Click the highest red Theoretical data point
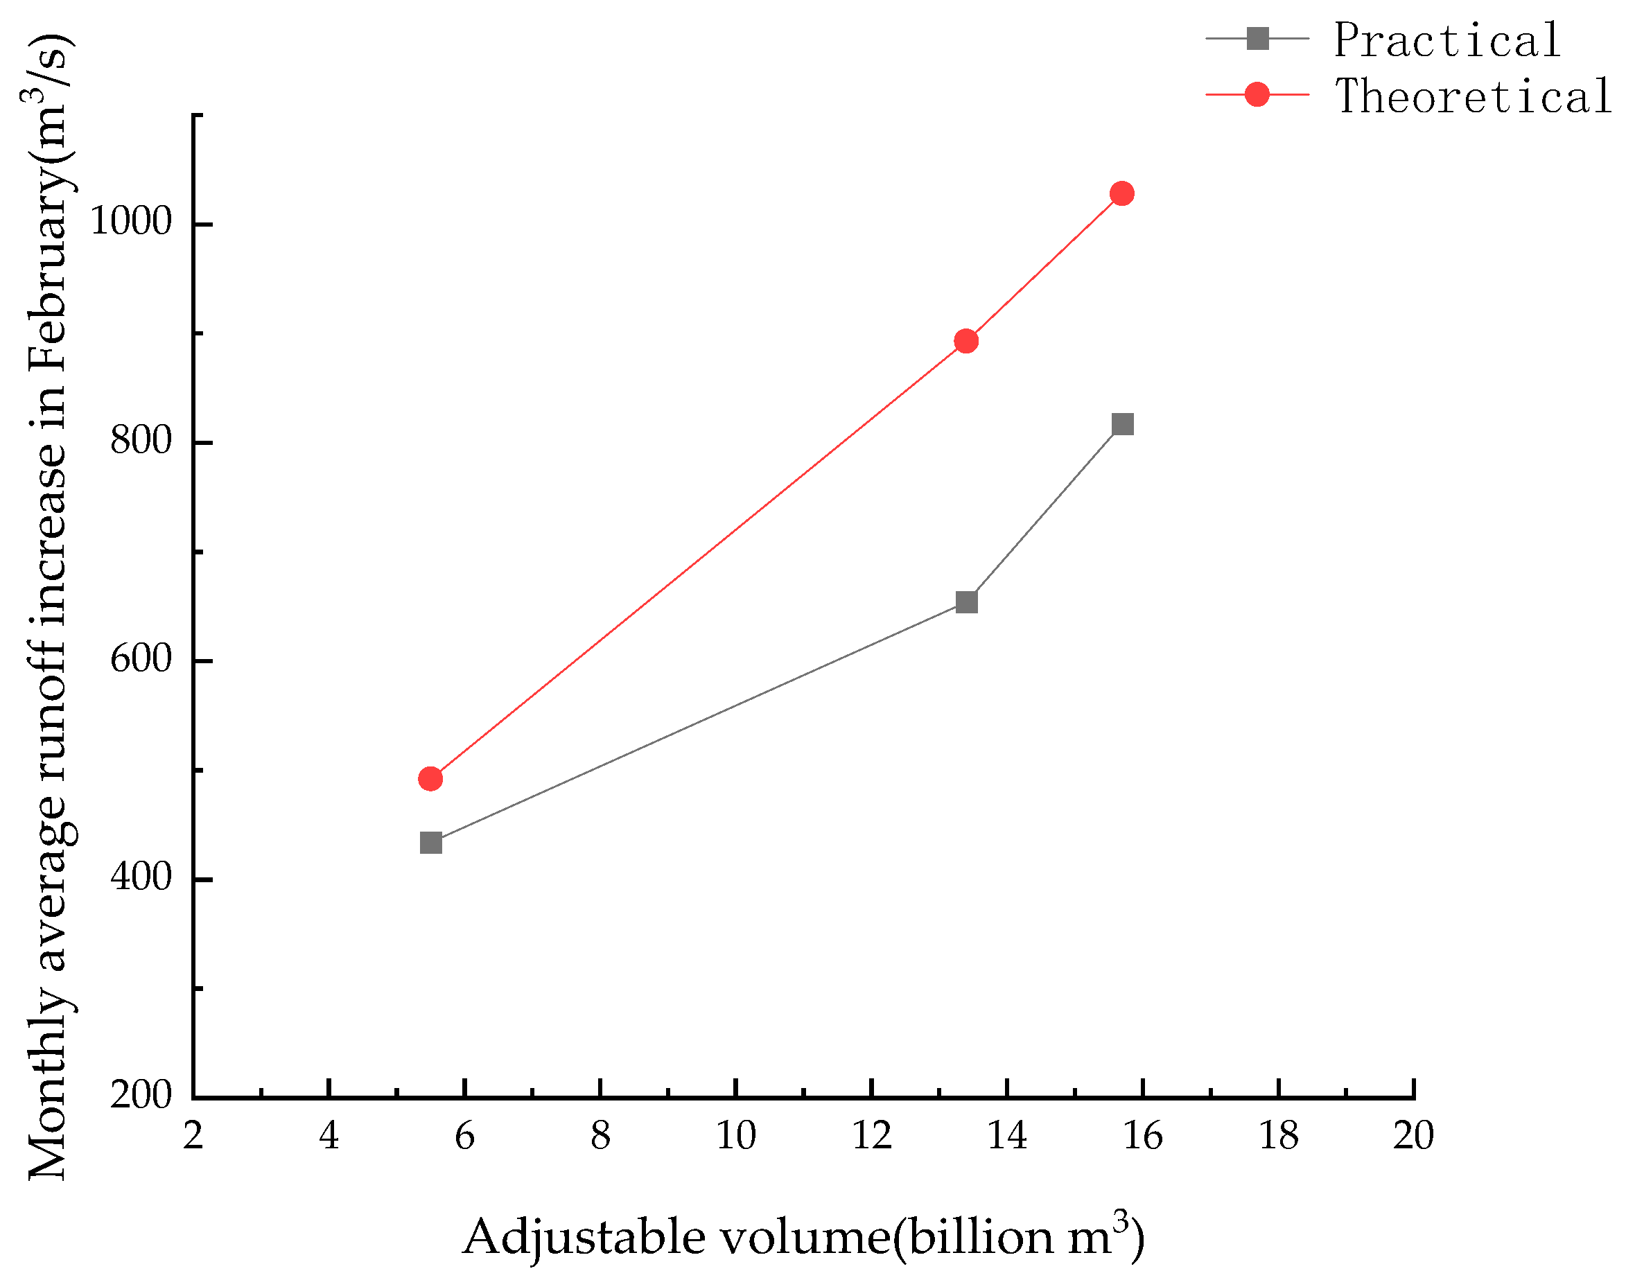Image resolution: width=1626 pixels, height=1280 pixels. click(x=1121, y=193)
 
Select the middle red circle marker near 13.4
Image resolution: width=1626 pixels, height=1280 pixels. click(x=966, y=341)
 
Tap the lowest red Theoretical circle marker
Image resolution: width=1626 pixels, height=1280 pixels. click(x=430, y=779)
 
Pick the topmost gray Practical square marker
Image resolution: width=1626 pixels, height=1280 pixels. click(x=1121, y=424)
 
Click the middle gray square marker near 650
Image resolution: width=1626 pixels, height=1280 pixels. click(x=966, y=602)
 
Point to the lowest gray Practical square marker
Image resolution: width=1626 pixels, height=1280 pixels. click(x=431, y=843)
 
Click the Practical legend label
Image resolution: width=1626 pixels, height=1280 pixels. click(x=1447, y=40)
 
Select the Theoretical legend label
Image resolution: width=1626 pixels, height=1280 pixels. click(x=1472, y=96)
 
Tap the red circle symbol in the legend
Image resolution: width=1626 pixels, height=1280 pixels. click(x=1257, y=94)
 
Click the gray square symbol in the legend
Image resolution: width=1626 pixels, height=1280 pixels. click(x=1257, y=38)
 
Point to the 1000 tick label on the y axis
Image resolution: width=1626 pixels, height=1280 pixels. click(x=130, y=222)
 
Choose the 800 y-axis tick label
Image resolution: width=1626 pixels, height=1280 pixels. click(x=141, y=441)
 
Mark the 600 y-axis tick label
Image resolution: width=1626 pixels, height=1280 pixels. click(x=141, y=660)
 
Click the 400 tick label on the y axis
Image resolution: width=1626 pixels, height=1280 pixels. click(x=141, y=877)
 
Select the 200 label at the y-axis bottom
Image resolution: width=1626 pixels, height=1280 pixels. click(x=141, y=1096)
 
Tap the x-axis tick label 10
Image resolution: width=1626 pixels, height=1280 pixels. click(x=736, y=1136)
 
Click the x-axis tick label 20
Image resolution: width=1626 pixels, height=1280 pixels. click(x=1413, y=1136)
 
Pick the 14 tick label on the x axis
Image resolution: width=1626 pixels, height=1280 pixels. click(x=1006, y=1136)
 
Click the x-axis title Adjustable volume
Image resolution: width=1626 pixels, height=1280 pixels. click(x=803, y=1236)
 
